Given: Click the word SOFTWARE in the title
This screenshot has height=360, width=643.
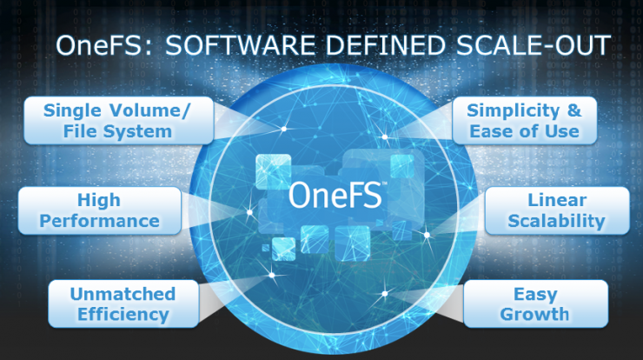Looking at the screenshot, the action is pos(240,45).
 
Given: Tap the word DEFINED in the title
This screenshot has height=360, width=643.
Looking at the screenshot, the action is pos(385,45).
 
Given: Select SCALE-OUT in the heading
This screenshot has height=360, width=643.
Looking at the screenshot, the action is pos(534,45).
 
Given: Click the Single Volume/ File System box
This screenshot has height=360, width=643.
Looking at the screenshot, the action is pos(119,121).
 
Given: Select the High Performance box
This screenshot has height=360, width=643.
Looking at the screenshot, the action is pos(100,210).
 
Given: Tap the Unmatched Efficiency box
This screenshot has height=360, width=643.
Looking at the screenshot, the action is pos(123,303).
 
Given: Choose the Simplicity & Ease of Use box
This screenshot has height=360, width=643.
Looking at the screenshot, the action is pos(525,121).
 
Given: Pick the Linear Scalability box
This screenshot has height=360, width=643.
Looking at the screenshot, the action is pos(557,210).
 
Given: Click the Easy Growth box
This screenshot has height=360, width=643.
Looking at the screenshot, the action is pos(535,303).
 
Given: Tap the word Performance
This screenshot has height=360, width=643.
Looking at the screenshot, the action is pos(100,221).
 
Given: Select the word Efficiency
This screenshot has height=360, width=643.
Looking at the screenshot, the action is pos(123,315).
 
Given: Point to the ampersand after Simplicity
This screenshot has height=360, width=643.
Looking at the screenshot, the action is pos(574,110).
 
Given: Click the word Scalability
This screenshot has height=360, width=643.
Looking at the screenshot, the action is pos(557,221).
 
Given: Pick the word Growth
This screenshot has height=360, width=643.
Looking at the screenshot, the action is pos(534,315).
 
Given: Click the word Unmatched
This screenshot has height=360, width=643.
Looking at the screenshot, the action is pos(123,294).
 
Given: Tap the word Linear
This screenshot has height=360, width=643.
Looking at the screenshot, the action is pos(557,200).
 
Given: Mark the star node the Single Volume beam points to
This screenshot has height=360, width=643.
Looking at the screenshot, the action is pos(284,129).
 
